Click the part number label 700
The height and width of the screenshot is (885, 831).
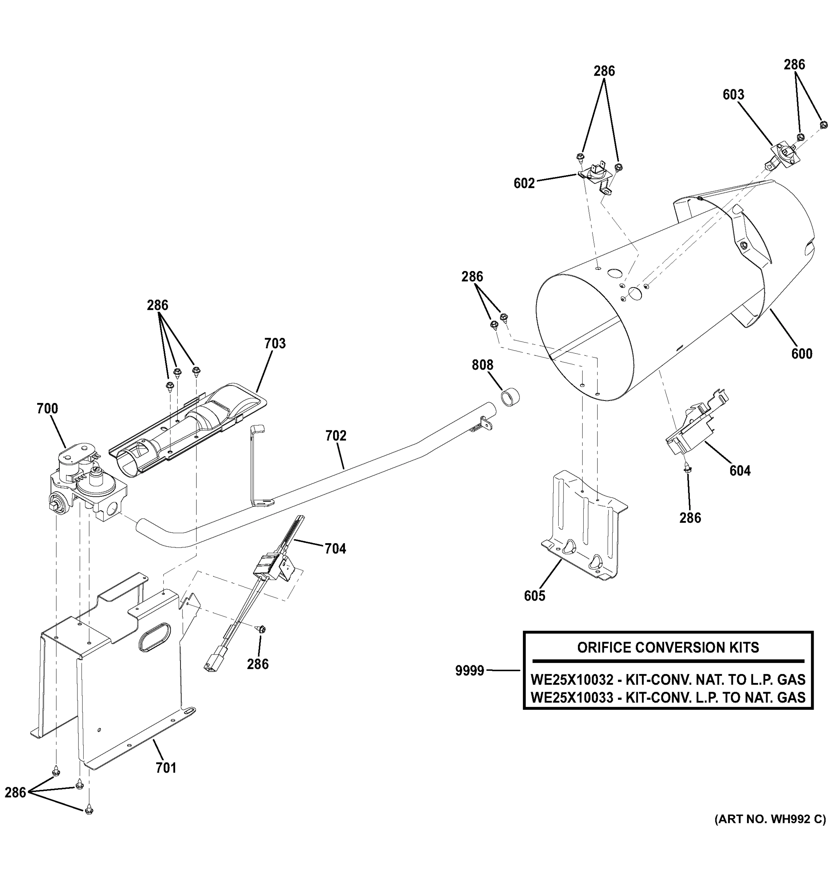point(47,408)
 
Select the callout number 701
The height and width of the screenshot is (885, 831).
point(166,768)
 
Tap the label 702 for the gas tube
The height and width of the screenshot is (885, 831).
point(335,435)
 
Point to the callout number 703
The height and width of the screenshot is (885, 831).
point(275,343)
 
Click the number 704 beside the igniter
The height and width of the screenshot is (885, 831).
point(335,548)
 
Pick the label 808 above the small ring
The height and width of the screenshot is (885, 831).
point(482,365)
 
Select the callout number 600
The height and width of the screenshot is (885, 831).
point(802,354)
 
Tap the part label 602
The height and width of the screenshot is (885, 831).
point(524,183)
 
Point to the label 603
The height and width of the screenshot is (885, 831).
point(733,94)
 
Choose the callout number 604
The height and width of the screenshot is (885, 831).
point(740,471)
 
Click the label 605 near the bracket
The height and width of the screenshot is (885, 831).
point(534,596)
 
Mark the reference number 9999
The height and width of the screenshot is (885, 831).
point(469,670)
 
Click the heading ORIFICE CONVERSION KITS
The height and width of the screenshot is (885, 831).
point(668,647)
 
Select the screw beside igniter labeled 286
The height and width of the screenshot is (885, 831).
point(262,629)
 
